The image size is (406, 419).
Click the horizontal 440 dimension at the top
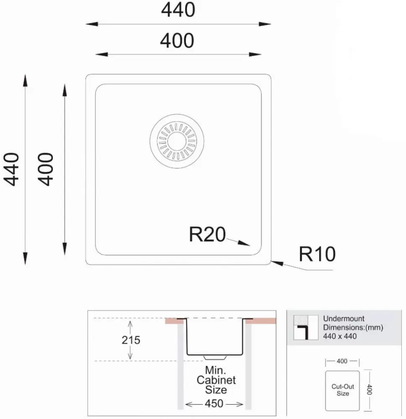(178, 10)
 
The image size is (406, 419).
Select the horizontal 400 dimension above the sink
(177, 41)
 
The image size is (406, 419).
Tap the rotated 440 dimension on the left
(11, 169)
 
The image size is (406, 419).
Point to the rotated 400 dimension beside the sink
(45, 169)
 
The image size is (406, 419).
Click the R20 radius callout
(207, 235)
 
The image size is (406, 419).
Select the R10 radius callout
(317, 254)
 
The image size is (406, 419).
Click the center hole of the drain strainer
(177, 141)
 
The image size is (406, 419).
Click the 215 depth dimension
(131, 340)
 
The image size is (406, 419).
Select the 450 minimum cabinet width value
(214, 403)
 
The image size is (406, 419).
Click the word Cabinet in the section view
(216, 380)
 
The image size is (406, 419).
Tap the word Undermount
(344, 318)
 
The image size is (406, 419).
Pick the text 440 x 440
(340, 336)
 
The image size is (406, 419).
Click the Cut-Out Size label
(343, 390)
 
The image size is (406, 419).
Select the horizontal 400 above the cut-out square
(342, 361)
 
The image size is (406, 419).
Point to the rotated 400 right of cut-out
(369, 390)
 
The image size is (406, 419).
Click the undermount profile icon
(306, 327)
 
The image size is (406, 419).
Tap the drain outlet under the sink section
(215, 357)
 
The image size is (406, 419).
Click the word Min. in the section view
(216, 370)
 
